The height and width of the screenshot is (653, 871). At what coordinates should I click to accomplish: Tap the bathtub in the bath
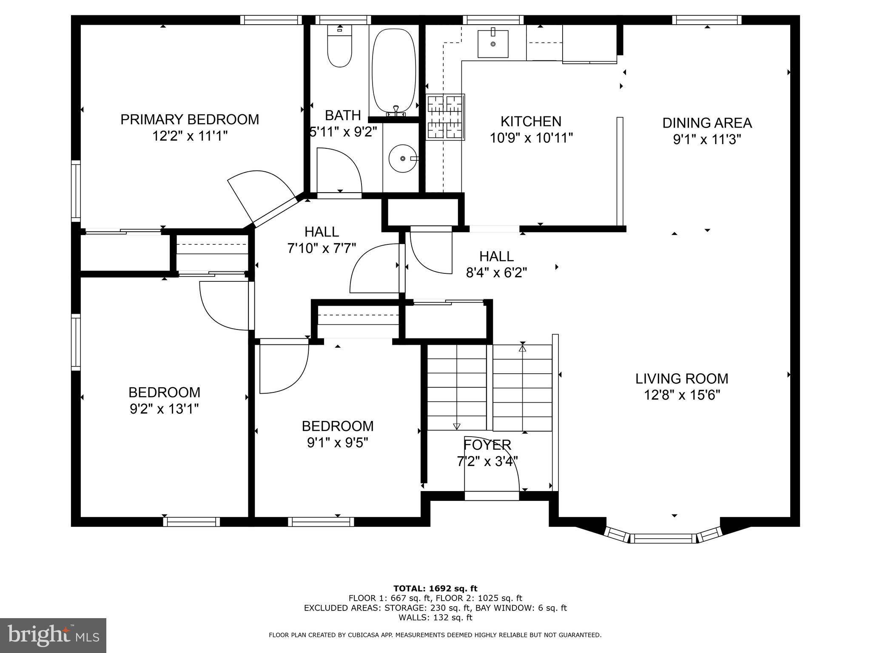pyautogui.click(x=394, y=71)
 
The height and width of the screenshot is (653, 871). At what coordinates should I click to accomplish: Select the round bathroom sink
pyautogui.click(x=402, y=158)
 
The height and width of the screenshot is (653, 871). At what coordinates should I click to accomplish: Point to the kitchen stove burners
pyautogui.click(x=445, y=117)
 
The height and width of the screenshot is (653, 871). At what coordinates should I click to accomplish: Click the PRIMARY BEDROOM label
pyautogui.click(x=190, y=119)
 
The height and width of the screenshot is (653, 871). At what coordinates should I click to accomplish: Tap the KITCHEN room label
pyautogui.click(x=531, y=122)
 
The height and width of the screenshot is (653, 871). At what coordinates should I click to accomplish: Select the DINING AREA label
pyautogui.click(x=707, y=123)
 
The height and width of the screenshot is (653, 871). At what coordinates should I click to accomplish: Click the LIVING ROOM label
pyautogui.click(x=682, y=378)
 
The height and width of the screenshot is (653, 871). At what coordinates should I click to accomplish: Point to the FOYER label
pyautogui.click(x=487, y=445)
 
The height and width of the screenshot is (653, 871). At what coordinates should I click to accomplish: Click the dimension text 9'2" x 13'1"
pyautogui.click(x=164, y=409)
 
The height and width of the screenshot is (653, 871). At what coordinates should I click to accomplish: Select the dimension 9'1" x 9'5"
pyautogui.click(x=338, y=443)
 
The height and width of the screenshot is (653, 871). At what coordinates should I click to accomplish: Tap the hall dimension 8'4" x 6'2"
pyautogui.click(x=497, y=273)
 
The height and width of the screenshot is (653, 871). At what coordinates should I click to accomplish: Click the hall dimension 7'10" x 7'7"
pyautogui.click(x=322, y=248)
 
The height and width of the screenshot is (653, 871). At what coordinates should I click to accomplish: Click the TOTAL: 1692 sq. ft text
pyautogui.click(x=435, y=589)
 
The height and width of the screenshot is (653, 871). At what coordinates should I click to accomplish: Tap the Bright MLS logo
pyautogui.click(x=53, y=636)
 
